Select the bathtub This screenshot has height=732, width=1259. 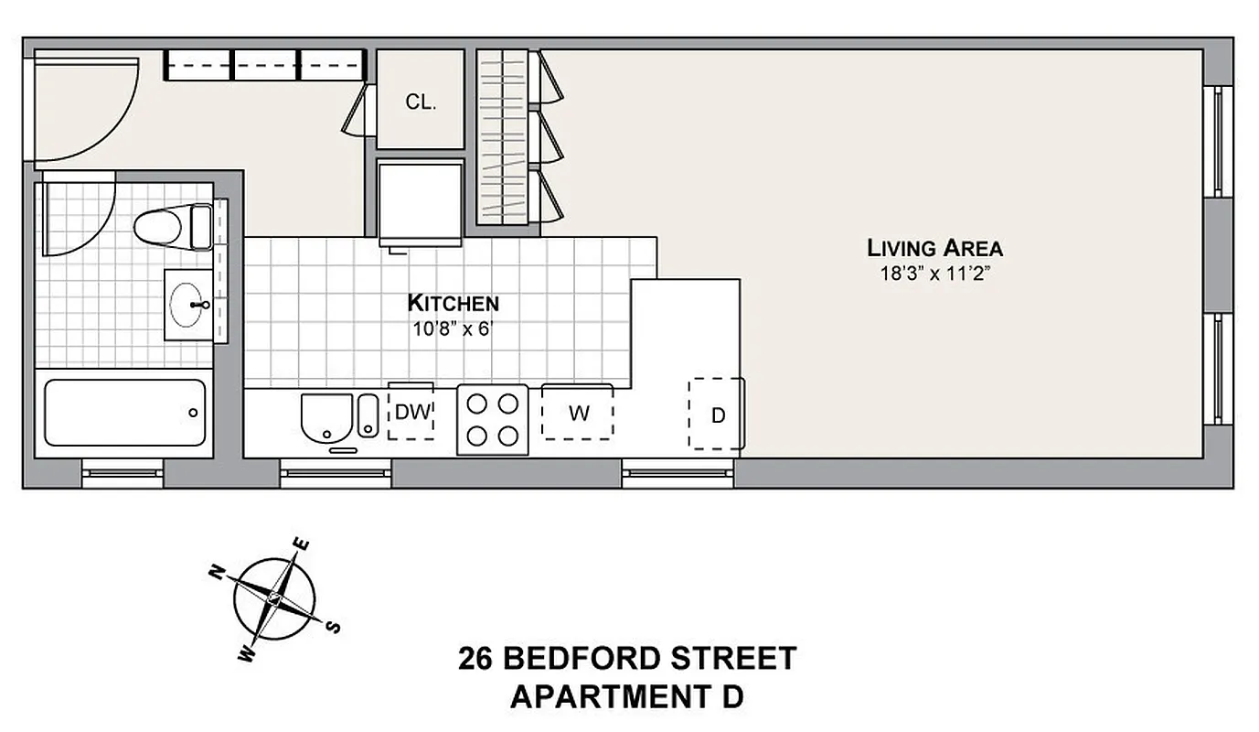click(x=124, y=413)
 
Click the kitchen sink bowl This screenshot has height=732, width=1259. click(x=325, y=416)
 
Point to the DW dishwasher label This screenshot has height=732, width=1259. click(x=411, y=413)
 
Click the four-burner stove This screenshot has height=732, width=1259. click(x=493, y=418)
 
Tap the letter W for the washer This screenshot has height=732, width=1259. click(x=578, y=414)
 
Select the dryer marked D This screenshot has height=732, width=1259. click(x=718, y=415)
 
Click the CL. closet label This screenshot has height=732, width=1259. click(x=421, y=102)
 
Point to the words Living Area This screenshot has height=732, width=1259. click(x=934, y=248)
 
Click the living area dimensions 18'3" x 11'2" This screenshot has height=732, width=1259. click(x=934, y=272)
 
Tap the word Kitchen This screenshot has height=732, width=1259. click(x=453, y=303)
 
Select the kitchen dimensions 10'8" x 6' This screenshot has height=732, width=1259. click(x=453, y=328)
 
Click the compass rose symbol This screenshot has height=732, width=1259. click(x=274, y=599)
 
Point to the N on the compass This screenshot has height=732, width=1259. click(x=218, y=574)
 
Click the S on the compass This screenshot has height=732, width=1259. click(x=334, y=627)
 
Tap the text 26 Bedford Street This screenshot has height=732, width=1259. click(x=627, y=658)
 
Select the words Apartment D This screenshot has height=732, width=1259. click(x=627, y=697)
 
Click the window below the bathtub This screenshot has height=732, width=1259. click(x=123, y=472)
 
